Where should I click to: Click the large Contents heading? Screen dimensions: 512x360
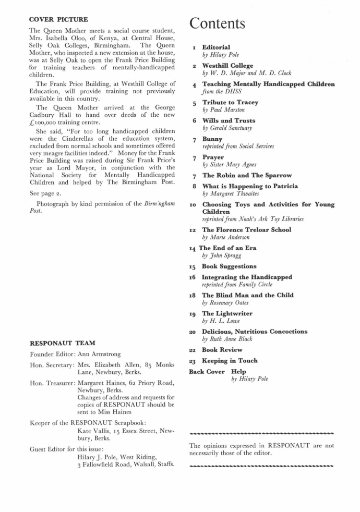click(x=217, y=23)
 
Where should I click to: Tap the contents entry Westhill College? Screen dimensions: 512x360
click(x=227, y=66)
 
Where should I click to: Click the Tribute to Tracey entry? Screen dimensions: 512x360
click(x=230, y=102)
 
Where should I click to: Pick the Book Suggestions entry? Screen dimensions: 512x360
click(x=229, y=266)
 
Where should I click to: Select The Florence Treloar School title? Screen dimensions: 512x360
click(x=246, y=229)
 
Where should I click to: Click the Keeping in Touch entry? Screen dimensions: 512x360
click(x=230, y=360)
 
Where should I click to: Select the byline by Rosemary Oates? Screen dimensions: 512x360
click(x=226, y=302)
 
